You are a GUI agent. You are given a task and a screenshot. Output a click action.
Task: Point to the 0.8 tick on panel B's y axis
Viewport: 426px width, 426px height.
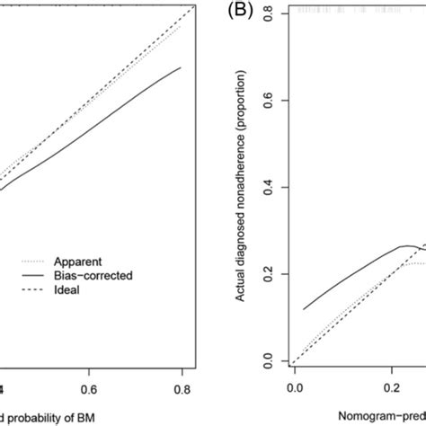tap(271, 14)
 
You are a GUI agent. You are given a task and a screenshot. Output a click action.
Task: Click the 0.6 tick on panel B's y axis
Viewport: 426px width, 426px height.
tap(271, 102)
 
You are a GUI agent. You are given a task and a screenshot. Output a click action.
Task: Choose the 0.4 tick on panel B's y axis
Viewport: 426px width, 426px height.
tap(271, 188)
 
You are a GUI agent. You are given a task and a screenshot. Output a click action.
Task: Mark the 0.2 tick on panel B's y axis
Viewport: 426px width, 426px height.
tap(271, 274)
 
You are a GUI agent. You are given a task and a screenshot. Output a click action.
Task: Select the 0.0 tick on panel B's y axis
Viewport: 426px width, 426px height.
tap(271, 361)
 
